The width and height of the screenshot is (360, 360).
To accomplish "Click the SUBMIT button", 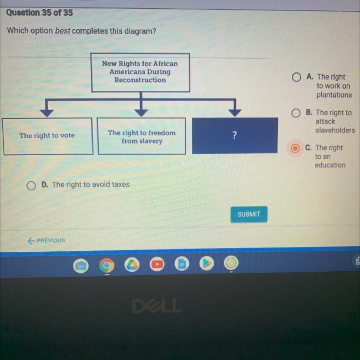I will pos(249,214).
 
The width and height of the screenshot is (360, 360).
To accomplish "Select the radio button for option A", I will pos(296,77).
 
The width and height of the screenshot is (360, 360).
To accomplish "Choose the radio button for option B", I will pos(296,113).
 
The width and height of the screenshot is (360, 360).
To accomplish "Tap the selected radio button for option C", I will pos(295,149).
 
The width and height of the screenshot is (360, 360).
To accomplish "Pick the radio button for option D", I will pos(30,186).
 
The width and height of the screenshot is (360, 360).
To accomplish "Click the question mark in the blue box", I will pos(235,135).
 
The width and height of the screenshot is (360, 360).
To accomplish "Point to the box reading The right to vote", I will pos(47,136).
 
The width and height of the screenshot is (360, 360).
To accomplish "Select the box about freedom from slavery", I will pos(142,137).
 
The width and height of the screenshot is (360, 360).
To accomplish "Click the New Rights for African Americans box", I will pos(140,72).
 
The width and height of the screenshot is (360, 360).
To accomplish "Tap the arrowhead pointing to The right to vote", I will pos(47,113).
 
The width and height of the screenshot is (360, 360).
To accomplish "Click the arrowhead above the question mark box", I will pos(235,113).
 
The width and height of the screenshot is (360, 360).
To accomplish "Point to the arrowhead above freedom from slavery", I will pos(140,113).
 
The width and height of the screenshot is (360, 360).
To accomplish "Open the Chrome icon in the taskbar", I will pos(107,265).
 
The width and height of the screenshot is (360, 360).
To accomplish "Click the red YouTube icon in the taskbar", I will pos(157,264).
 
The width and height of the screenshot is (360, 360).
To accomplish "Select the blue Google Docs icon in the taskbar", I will pos(183,264).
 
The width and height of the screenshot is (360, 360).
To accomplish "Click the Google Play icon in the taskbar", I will pos(207,263).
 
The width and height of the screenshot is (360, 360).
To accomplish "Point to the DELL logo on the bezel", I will pos(157,307).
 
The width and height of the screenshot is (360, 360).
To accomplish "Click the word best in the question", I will pos(63,32).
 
